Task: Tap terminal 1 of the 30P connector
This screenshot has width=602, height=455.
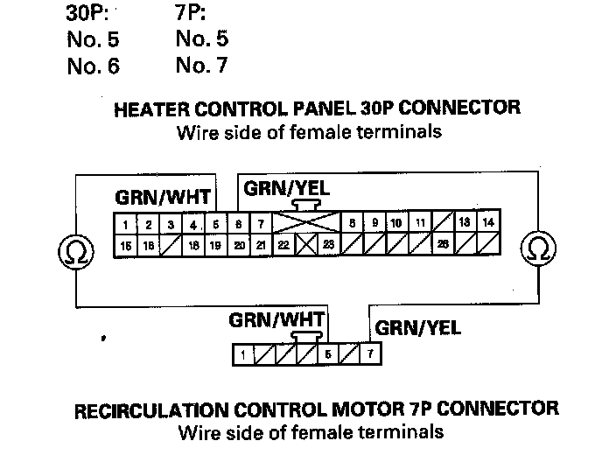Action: (x=127, y=224)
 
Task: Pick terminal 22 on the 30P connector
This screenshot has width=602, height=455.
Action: (x=283, y=245)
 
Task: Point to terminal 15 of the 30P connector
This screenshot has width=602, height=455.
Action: (x=127, y=245)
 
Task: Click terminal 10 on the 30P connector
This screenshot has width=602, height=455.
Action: (x=395, y=223)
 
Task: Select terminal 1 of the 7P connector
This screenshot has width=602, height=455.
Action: (x=242, y=354)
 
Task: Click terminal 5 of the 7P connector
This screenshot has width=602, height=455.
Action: (x=327, y=354)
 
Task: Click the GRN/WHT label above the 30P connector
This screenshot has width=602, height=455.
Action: (x=162, y=195)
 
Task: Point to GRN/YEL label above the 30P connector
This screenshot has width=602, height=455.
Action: (x=287, y=188)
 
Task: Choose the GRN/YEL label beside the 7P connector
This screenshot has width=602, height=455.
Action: (x=417, y=329)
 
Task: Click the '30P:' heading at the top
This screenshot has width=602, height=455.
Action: (x=89, y=16)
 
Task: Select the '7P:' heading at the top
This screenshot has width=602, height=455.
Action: (x=192, y=16)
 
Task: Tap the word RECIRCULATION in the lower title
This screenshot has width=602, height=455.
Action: (x=150, y=409)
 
